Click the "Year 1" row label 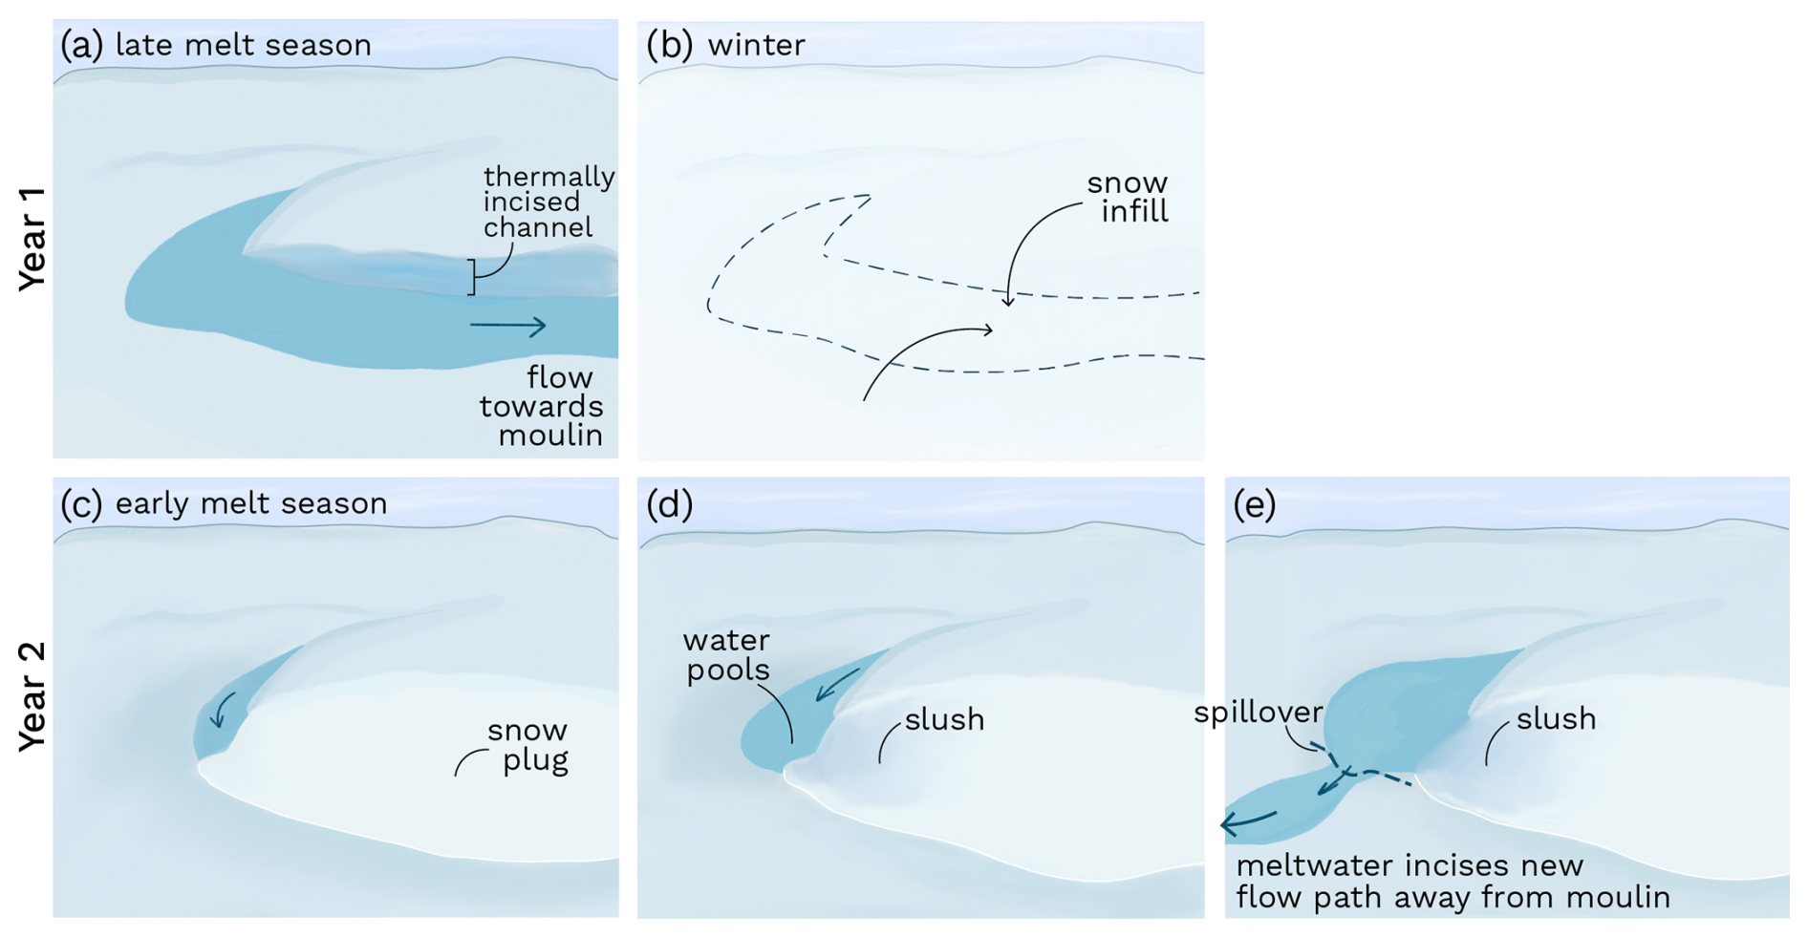32,239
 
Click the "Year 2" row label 32,697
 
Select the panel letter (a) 81,45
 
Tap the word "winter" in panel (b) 756,45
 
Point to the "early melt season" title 251,503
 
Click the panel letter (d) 669,504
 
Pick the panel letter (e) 1255,504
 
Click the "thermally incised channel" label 548,202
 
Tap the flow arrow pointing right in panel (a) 507,327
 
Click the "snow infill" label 1129,197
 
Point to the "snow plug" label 527,745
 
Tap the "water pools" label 727,654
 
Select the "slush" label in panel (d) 944,719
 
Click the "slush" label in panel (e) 1556,718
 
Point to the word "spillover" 1258,712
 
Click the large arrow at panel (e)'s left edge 1248,820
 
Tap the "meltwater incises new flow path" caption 1453,881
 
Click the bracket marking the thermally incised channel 471,277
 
